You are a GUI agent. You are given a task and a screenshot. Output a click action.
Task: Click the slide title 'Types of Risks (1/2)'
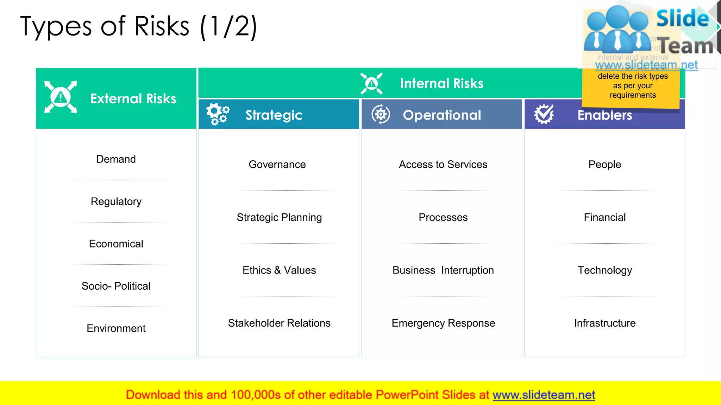[138, 26]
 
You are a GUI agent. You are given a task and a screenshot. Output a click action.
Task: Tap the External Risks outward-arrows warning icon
[61, 97]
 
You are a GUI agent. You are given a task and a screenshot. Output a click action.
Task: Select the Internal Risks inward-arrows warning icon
[371, 84]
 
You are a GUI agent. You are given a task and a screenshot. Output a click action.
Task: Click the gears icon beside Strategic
[218, 114]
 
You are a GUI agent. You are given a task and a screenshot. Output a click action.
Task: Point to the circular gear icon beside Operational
[381, 114]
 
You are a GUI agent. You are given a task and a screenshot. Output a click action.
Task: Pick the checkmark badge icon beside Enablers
[544, 114]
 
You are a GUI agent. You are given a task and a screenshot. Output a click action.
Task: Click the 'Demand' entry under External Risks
[116, 159]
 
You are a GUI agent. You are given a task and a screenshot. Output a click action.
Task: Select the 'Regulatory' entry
[116, 201]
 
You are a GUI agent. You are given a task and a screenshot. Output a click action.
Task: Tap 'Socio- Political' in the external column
[116, 286]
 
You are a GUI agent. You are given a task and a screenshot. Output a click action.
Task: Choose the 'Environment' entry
[116, 328]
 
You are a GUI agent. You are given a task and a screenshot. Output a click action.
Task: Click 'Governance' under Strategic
[277, 165]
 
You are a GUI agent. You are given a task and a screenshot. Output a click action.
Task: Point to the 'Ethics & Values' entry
[279, 270]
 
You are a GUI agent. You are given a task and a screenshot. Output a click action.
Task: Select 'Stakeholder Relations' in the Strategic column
[279, 323]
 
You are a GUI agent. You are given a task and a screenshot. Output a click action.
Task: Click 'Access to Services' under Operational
[443, 165]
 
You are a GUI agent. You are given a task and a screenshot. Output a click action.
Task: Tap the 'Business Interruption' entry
[443, 270]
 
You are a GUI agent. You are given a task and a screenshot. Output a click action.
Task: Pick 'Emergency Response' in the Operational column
[443, 323]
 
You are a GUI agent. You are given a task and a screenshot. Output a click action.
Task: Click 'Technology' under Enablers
[605, 270]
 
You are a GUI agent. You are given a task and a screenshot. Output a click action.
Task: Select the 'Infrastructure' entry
[605, 323]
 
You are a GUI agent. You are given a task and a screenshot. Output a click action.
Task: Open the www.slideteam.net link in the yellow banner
[544, 395]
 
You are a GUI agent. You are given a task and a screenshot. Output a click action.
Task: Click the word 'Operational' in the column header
[442, 115]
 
